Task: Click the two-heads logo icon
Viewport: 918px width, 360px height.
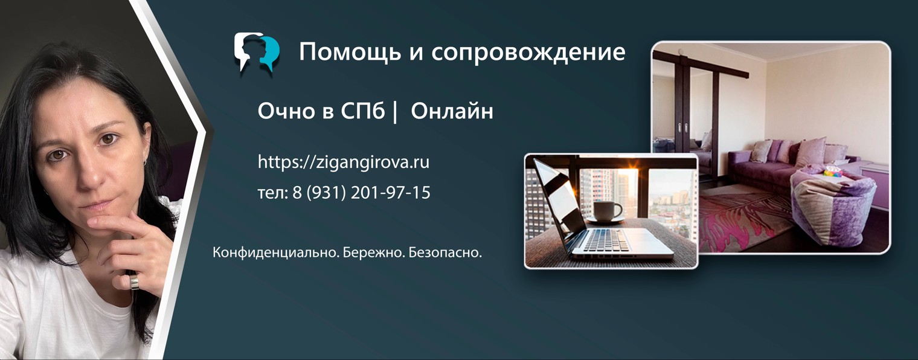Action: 257,53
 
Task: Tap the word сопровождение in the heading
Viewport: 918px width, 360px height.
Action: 528,53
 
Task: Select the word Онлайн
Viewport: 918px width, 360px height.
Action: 452,112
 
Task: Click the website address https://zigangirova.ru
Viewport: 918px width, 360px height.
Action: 343,162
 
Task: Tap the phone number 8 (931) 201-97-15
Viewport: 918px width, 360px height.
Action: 361,193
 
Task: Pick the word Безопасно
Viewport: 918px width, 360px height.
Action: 445,252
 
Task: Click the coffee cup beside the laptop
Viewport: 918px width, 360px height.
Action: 606,211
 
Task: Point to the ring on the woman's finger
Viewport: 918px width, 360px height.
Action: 135,281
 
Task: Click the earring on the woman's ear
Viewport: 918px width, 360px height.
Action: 146,161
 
